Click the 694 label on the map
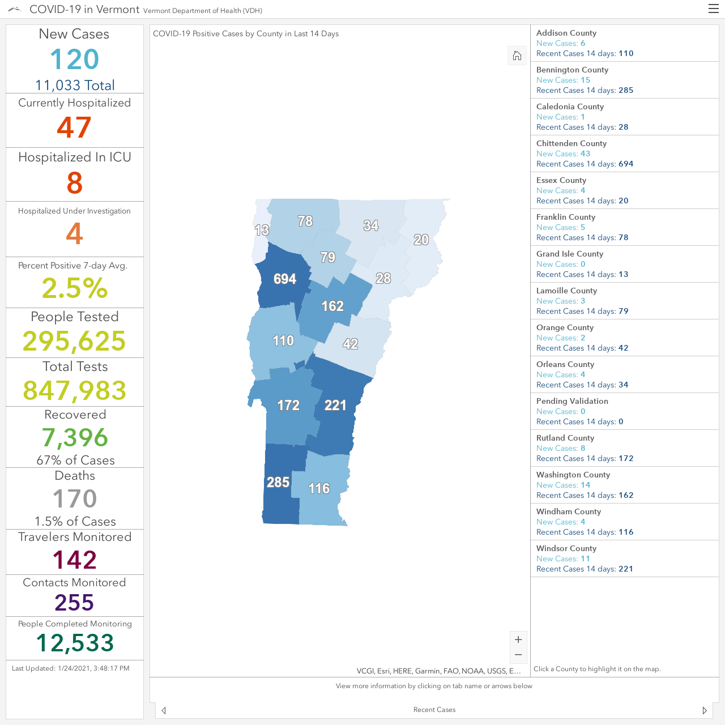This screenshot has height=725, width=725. click(x=285, y=279)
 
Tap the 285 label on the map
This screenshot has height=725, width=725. click(x=278, y=482)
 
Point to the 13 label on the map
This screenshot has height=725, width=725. click(x=262, y=230)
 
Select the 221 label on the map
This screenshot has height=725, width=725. click(x=335, y=405)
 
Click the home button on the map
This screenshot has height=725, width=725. click(x=517, y=56)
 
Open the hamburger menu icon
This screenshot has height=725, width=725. click(x=713, y=9)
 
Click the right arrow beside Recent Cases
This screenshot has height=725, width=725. click(x=705, y=710)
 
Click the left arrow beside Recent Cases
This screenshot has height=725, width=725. click(x=164, y=710)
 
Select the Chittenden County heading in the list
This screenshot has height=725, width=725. click(x=571, y=143)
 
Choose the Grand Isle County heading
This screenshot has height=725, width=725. click(x=570, y=254)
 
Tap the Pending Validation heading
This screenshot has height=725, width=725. click(x=572, y=401)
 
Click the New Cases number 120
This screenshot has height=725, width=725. click(x=75, y=59)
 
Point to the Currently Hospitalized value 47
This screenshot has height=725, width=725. click(x=74, y=127)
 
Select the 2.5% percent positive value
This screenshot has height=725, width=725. click(x=75, y=288)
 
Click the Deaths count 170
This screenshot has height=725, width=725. click(x=75, y=498)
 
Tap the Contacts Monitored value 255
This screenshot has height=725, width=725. click(x=75, y=602)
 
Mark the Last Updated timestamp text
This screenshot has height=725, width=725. click(x=71, y=668)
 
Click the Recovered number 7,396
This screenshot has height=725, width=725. click(x=75, y=438)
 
